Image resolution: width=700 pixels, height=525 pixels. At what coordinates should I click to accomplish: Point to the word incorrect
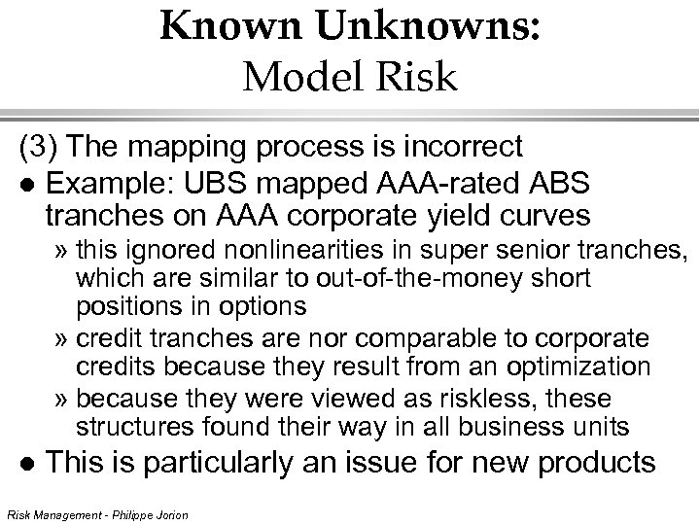coord(462,147)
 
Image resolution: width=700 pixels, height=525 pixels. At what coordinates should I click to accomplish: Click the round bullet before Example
coord(27,185)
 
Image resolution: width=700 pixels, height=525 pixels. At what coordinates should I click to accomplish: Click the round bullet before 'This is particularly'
coord(27,463)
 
